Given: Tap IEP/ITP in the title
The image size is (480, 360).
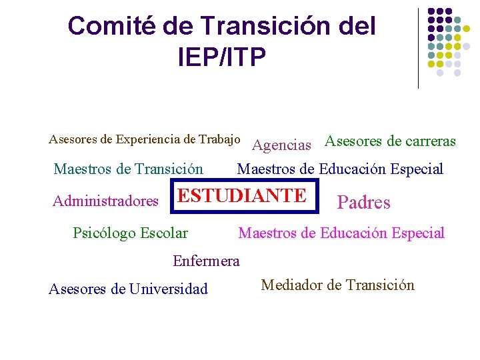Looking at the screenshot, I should coord(221,57).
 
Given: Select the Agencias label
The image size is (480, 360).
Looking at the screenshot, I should coord(282,145).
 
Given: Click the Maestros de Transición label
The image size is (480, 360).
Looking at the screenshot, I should coord(128,169).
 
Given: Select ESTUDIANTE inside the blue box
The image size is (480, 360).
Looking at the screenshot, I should coord(243,195).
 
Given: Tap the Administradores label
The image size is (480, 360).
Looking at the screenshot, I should coord(105,201).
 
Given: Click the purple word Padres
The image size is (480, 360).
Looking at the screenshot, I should coord(363,203).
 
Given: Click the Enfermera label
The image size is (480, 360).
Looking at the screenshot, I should coord(206,261).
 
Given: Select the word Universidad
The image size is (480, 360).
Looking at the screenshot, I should coord(169,289).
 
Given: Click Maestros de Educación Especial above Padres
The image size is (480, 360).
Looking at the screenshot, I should coord(340,169).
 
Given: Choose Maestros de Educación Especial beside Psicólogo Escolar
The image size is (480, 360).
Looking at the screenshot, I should coord(341,233).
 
